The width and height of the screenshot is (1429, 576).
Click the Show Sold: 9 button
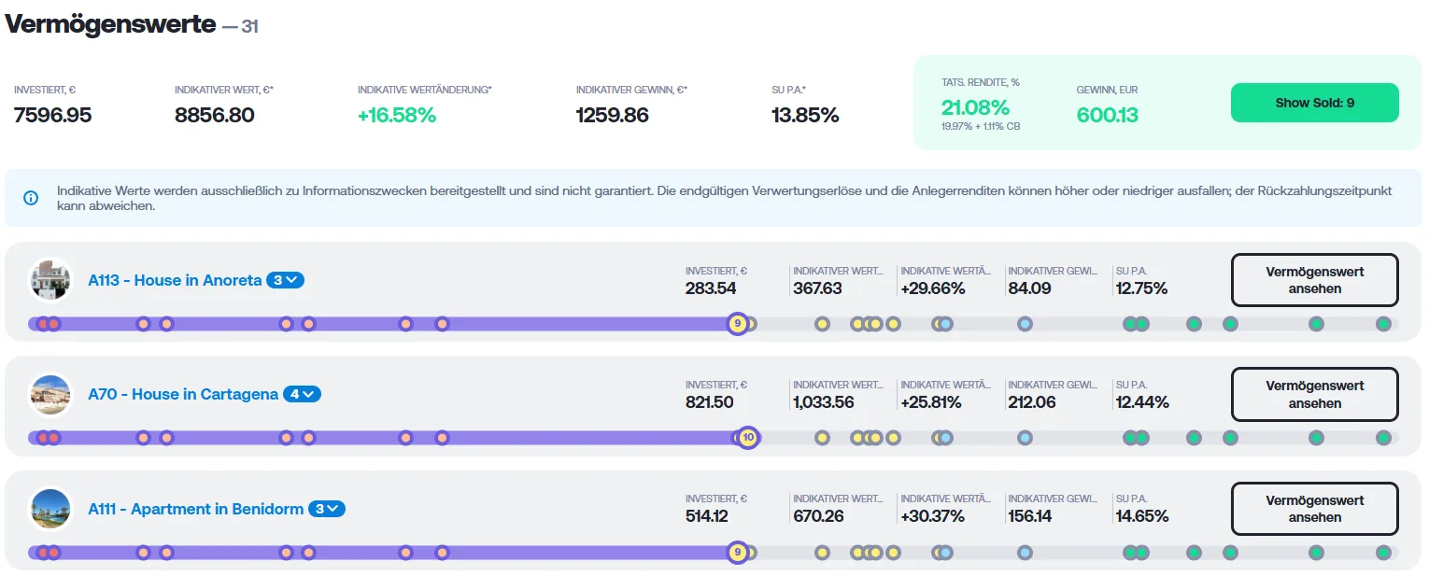click(1314, 103)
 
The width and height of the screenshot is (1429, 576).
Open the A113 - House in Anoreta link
click(175, 280)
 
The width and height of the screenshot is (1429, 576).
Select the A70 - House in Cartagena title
click(183, 394)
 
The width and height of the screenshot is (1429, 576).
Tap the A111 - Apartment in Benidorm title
click(196, 509)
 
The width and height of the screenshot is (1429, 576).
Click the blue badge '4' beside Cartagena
click(302, 394)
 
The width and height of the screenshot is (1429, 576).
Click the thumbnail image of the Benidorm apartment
click(50, 509)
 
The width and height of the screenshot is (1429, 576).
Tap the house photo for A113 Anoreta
click(50, 279)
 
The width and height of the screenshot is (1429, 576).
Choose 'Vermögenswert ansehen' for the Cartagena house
click(1314, 394)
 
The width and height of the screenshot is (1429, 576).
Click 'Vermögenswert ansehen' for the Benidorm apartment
click(1314, 509)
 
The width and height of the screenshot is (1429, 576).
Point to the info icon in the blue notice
click(31, 198)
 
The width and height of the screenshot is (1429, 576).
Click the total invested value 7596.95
click(53, 115)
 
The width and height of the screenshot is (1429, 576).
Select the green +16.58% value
click(397, 115)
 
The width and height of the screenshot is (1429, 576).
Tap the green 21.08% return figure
click(975, 107)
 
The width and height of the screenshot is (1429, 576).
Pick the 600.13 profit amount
click(1108, 115)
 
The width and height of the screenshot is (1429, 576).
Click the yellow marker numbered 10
click(748, 438)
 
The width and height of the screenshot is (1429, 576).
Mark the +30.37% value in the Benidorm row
click(933, 516)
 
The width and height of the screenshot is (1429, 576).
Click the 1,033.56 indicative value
click(824, 402)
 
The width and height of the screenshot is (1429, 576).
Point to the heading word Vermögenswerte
click(110, 24)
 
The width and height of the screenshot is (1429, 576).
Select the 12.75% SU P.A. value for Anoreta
click(1142, 288)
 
